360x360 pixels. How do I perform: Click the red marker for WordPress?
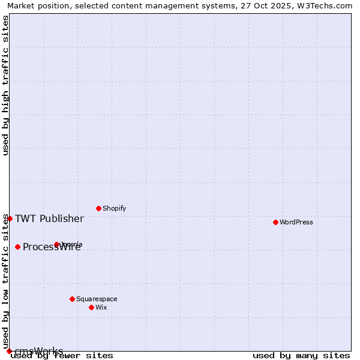275,222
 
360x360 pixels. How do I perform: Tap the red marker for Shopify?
98,208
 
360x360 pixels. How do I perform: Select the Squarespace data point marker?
72,299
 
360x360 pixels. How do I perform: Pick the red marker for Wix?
91,307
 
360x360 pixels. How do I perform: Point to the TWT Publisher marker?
10,218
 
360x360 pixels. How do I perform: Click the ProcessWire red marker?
17,247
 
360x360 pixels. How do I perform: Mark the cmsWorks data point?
9,351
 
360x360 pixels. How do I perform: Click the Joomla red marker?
56,244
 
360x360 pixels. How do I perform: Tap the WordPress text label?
296,222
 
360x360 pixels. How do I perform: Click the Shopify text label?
114,208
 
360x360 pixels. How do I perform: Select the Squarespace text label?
97,299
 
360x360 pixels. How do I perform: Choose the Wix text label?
101,307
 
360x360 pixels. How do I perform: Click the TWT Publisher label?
49,218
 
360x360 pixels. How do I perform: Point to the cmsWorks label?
39,351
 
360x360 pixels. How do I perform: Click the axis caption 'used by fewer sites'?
62,356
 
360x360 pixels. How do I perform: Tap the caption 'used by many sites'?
301,356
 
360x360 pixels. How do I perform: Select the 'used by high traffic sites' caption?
5,85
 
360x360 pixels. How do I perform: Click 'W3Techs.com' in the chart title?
327,5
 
